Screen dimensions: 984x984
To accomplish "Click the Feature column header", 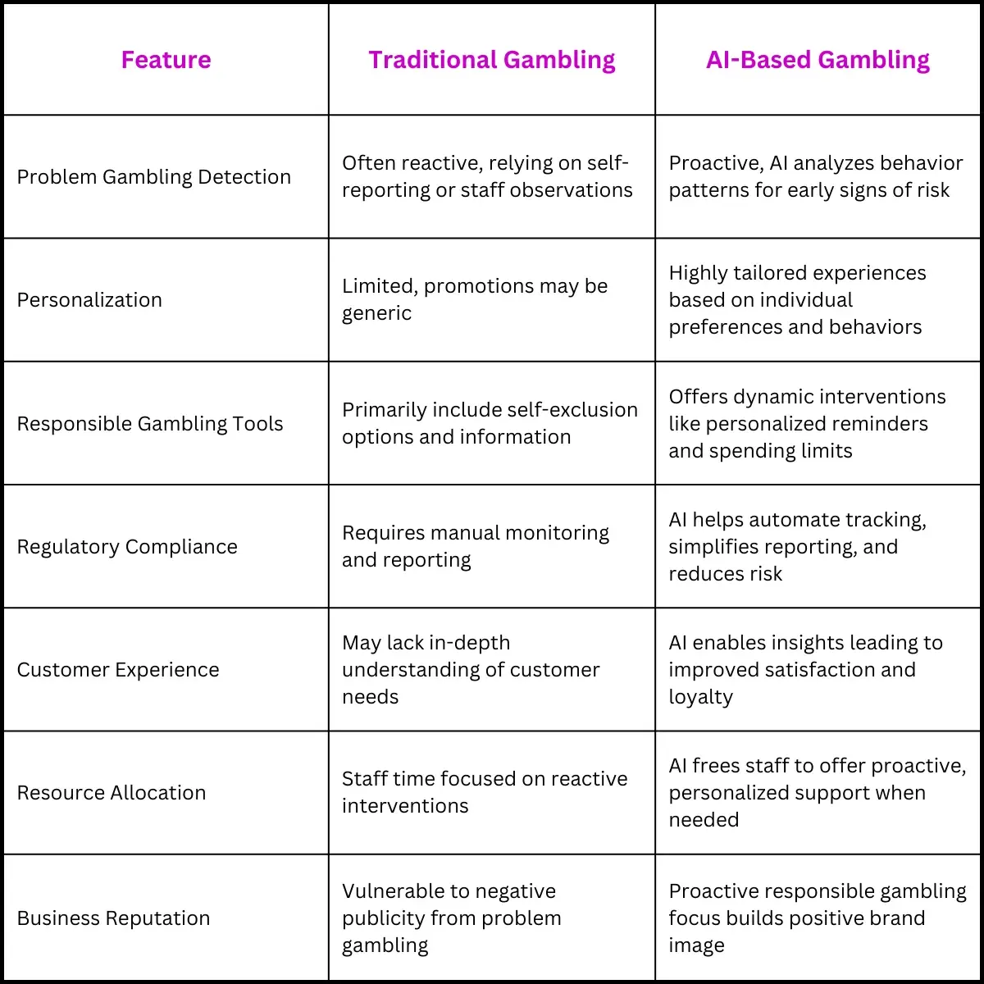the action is (x=166, y=60).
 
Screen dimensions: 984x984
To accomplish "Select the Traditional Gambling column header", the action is (x=492, y=61).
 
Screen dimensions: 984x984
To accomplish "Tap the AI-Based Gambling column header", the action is (x=818, y=61).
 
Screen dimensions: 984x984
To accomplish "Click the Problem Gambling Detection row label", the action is (x=153, y=176).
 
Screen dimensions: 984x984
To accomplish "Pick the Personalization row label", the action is (x=89, y=300).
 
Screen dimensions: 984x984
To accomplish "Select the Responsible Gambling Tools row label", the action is (x=149, y=424).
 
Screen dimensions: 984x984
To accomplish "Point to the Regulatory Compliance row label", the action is (x=127, y=547).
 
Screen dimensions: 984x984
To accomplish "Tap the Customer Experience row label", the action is (x=118, y=670).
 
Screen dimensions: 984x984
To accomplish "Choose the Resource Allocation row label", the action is (x=112, y=792).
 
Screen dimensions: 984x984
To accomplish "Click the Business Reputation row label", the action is (x=113, y=918).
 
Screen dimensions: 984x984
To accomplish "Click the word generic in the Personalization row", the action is (x=376, y=313).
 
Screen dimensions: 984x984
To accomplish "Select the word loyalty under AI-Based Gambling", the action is (x=700, y=697).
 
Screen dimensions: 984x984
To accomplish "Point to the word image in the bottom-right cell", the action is (x=696, y=945).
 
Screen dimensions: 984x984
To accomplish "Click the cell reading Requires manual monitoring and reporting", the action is (x=476, y=546).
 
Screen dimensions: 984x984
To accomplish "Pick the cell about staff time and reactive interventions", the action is (x=485, y=792).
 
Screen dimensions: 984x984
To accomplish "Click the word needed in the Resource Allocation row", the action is (x=704, y=819).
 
